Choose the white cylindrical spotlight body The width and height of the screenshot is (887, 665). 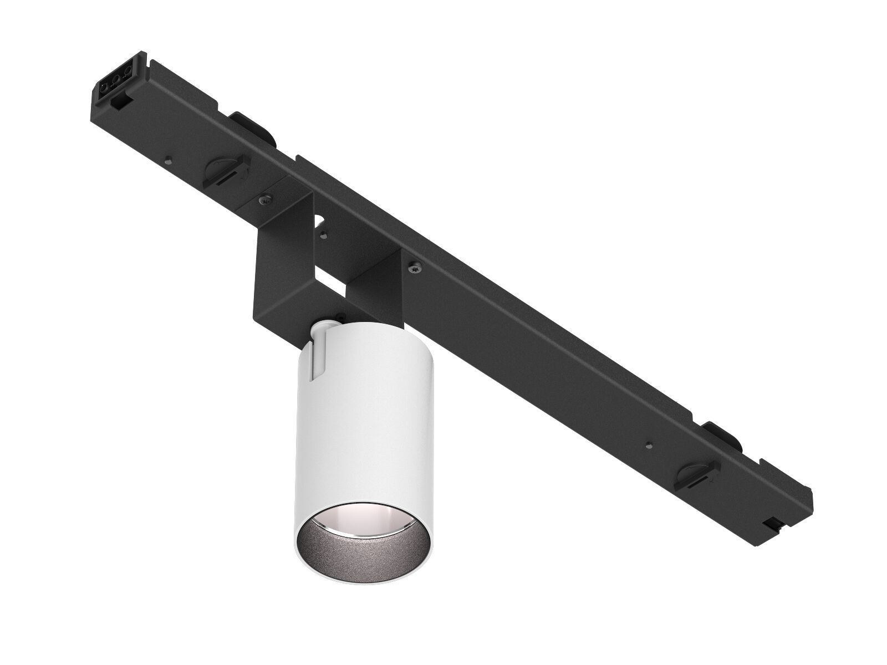tap(366, 421)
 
